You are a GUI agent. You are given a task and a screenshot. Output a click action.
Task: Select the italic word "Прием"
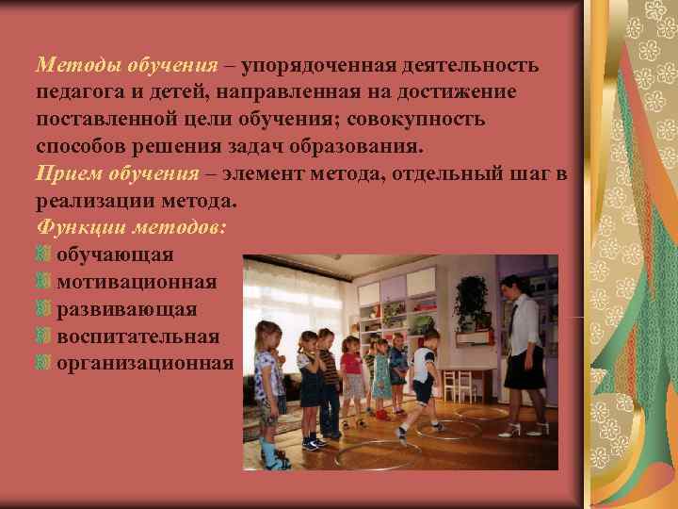[x=67, y=174]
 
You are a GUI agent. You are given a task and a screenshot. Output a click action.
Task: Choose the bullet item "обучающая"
[x=115, y=255]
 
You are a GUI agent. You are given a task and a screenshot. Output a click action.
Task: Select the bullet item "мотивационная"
[x=137, y=283]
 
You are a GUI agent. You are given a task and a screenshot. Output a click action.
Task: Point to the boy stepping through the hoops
[x=424, y=377]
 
